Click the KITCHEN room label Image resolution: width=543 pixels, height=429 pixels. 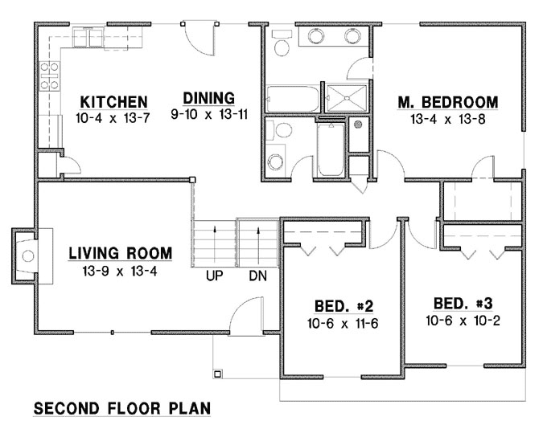tap(113, 102)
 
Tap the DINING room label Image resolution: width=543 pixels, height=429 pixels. tap(208, 99)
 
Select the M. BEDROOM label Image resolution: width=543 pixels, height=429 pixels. tap(448, 102)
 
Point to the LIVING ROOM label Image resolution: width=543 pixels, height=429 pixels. tap(120, 254)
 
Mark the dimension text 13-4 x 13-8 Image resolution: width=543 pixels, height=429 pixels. tap(448, 119)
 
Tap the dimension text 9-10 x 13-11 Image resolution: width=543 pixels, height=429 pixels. tap(208, 115)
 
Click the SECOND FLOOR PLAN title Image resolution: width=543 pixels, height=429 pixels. tap(121, 409)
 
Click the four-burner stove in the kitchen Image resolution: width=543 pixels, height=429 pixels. tap(48, 75)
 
